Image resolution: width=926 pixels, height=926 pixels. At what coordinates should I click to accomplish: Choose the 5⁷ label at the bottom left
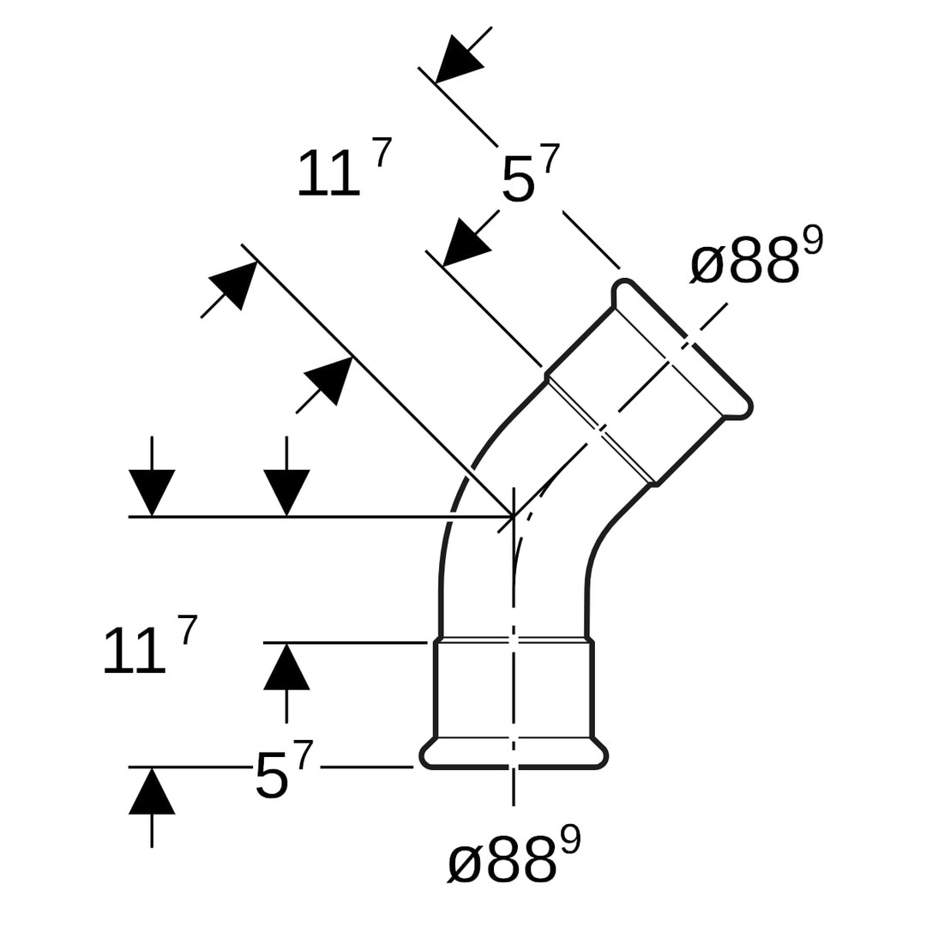point(284,771)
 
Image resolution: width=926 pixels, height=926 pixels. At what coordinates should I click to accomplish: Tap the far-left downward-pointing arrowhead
point(152,490)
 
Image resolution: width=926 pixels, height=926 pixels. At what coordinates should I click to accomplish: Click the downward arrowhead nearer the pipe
point(286,490)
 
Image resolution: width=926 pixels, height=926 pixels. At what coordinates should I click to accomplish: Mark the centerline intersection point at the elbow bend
point(514,516)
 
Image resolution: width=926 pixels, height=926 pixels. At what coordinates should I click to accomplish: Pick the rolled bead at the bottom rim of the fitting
point(514,755)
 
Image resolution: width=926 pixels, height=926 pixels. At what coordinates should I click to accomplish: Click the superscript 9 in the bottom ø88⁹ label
point(570,839)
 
